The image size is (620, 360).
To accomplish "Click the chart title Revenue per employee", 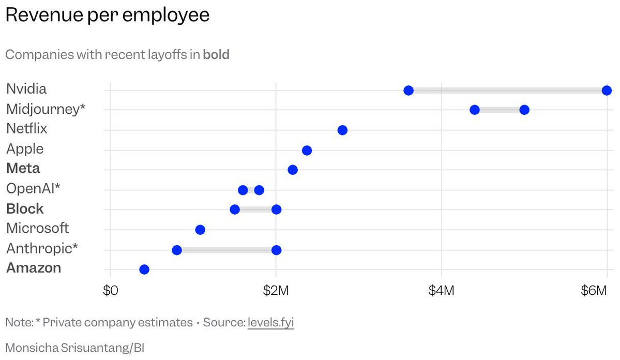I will [108, 15].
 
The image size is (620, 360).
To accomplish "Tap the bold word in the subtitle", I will [216, 54].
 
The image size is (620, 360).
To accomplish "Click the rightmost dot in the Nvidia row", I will [607, 91].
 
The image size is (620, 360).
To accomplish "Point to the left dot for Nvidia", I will [409, 91].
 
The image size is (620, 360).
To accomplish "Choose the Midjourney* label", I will [46, 109].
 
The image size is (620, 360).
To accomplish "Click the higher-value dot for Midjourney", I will [524, 110].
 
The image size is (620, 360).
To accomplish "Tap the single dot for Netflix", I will [342, 130].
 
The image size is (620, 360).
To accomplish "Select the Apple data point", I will [307, 151].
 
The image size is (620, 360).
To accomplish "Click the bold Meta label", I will [23, 169].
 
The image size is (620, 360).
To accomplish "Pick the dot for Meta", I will [293, 170].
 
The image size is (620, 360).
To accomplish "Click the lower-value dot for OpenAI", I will [243, 190].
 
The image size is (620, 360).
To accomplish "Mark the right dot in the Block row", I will [276, 209].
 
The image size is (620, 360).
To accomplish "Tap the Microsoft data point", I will [200, 230].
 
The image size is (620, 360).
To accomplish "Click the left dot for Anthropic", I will [177, 250].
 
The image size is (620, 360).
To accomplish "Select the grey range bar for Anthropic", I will [226, 250].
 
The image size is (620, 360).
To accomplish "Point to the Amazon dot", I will [144, 269].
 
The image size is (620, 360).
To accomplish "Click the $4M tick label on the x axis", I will [441, 291].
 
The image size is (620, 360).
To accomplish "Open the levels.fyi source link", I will [271, 323].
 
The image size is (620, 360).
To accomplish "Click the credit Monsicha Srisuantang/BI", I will [75, 348].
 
